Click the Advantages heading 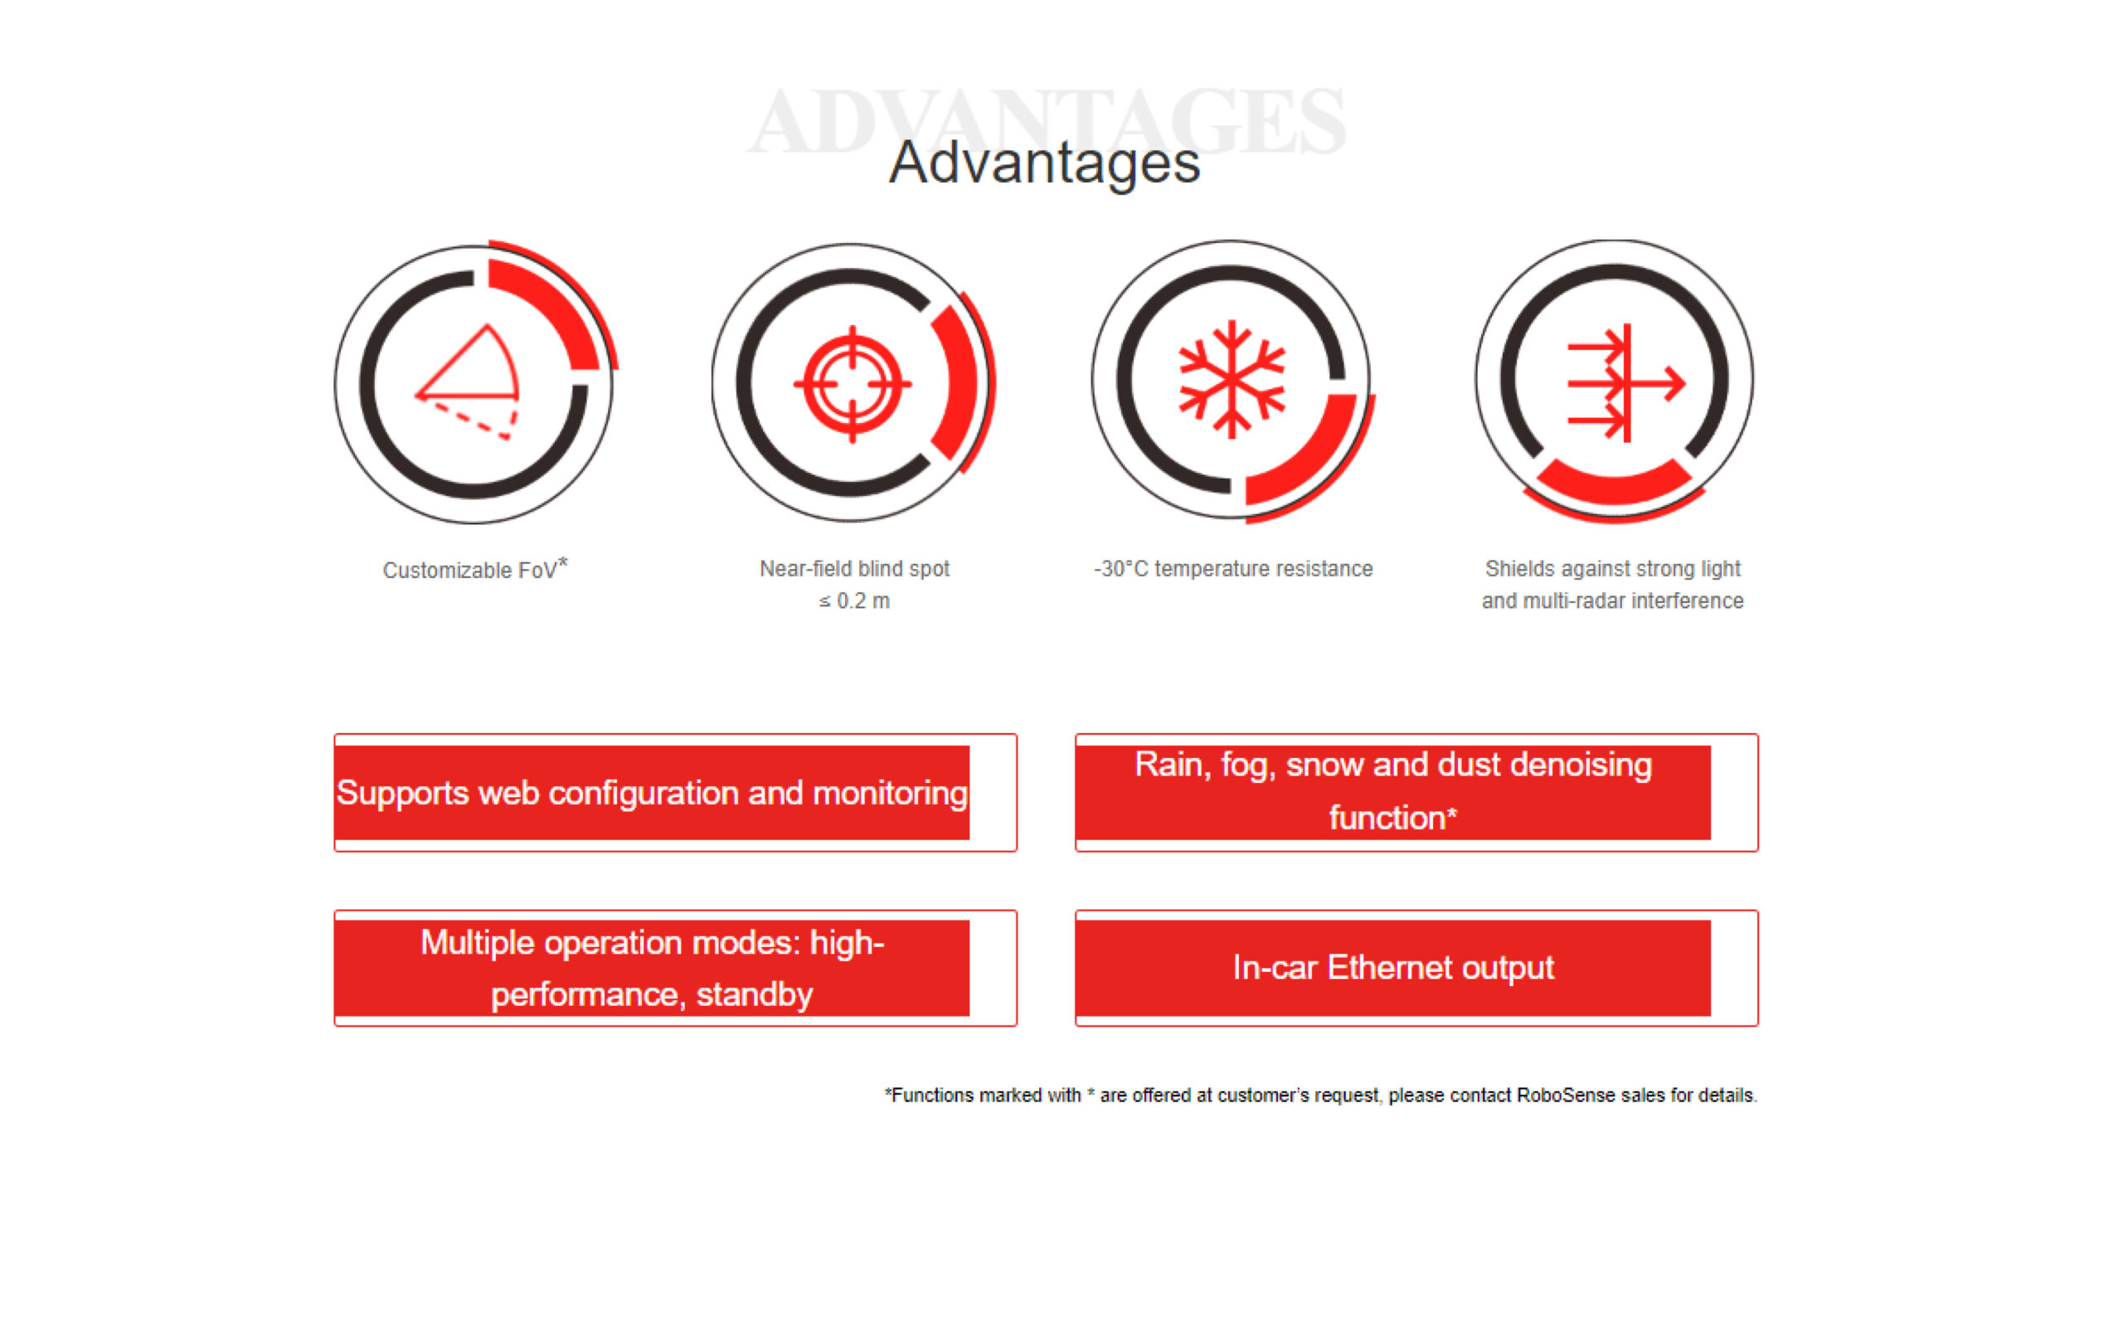click(x=1044, y=163)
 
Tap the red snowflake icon click(x=1232, y=379)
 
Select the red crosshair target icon click(x=852, y=384)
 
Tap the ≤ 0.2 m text click(x=854, y=601)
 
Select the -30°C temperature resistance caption click(x=1232, y=569)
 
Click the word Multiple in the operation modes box click(x=476, y=944)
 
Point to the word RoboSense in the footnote click(x=1565, y=1096)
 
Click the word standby click(x=755, y=995)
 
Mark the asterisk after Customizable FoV click(x=563, y=561)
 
